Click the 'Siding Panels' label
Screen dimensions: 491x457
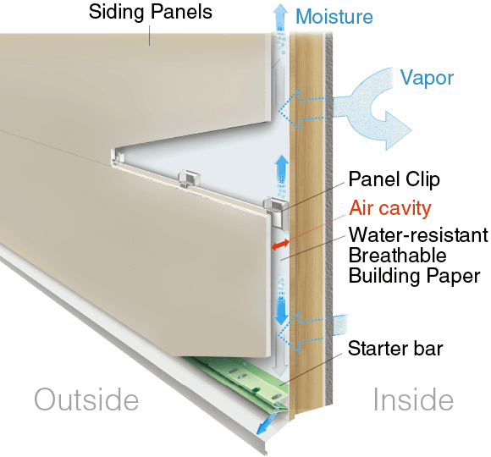tap(151, 12)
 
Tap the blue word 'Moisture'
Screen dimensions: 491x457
tap(334, 16)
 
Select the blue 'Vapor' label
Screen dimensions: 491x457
tap(427, 77)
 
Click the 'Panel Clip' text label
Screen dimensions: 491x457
tap(394, 179)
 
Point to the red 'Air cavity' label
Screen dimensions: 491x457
tap(390, 208)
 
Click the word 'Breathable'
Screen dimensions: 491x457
tap(397, 255)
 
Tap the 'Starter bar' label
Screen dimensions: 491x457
tap(395, 348)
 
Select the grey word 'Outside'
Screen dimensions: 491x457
tap(86, 399)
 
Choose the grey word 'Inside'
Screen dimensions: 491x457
tap(413, 399)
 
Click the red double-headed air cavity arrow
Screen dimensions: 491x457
tap(280, 245)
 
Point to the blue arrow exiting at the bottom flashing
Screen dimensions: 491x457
tap(265, 423)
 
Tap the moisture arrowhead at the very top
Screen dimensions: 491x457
tap(280, 10)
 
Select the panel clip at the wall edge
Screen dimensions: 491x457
tap(276, 212)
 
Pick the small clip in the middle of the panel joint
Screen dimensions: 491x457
tap(189, 179)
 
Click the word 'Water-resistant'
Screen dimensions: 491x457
tap(418, 234)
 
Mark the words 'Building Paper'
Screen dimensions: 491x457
tap(414, 276)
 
